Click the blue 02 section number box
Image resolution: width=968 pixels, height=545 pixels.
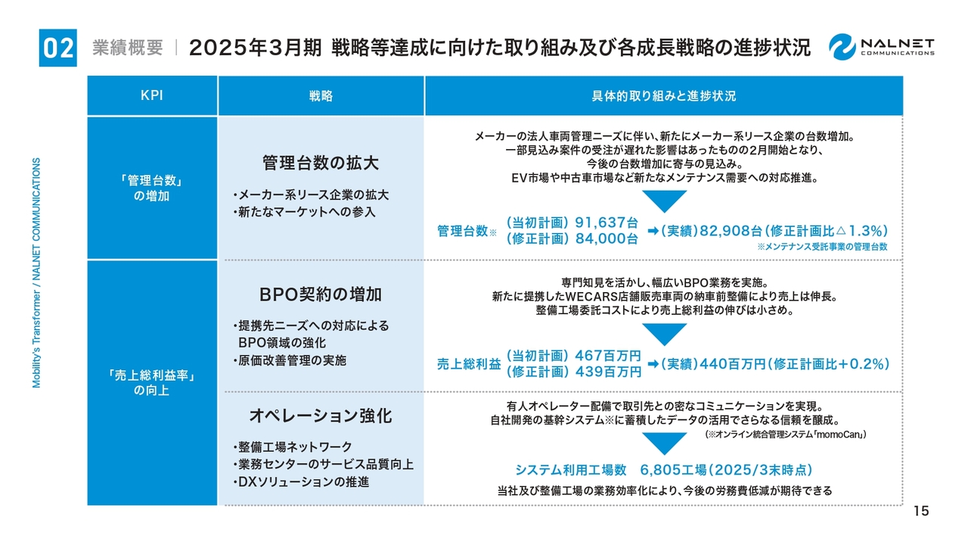coord(58,48)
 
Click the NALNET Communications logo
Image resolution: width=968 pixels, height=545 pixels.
coord(882,47)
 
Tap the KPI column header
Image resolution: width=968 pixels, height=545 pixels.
coord(152,95)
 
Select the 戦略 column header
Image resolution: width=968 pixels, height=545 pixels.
coord(321,95)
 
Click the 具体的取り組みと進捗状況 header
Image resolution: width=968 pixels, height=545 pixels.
coord(664,95)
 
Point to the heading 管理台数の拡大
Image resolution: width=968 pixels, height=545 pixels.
coord(321,163)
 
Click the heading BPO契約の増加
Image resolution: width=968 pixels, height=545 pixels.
coord(321,294)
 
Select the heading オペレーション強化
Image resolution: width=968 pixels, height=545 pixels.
coord(321,416)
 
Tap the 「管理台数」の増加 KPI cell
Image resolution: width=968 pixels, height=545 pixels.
coord(152,188)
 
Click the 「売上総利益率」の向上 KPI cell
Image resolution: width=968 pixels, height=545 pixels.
coord(152,383)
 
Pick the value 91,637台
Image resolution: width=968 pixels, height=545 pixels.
coord(607,223)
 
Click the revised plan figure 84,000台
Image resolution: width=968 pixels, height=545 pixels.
coord(607,238)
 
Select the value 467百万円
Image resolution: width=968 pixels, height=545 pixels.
coord(608,356)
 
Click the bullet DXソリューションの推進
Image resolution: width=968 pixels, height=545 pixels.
coord(301,482)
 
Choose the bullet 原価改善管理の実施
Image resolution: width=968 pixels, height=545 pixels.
coord(290,360)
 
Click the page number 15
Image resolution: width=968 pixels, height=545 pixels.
coord(921,511)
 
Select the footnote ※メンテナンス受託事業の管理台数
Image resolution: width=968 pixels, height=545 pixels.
coord(822,247)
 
